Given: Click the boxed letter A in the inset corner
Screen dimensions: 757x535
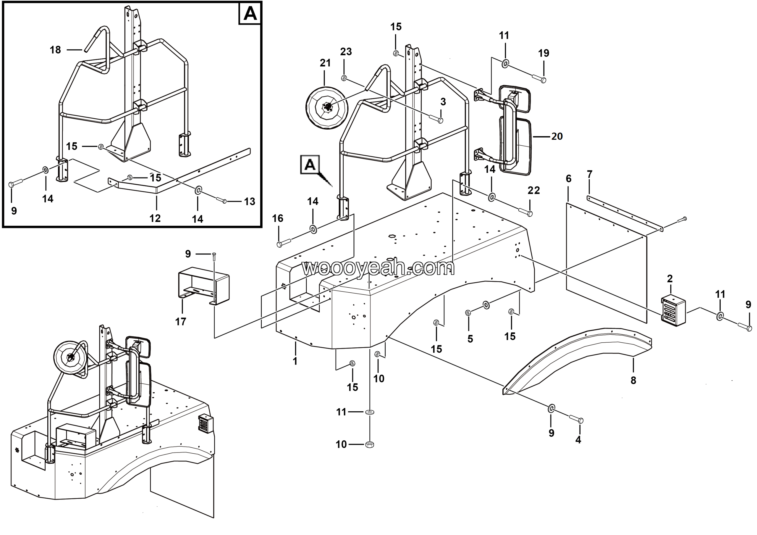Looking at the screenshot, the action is (x=250, y=14).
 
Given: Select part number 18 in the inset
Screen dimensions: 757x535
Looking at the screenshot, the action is (x=55, y=50).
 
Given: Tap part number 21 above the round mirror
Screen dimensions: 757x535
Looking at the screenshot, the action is (x=325, y=63).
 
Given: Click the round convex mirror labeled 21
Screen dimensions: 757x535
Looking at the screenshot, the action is (x=327, y=107).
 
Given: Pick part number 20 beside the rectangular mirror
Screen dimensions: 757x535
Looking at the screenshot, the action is (x=557, y=136).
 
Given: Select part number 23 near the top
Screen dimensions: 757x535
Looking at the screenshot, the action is (x=346, y=51).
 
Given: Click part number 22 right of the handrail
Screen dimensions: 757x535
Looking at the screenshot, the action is (x=534, y=190).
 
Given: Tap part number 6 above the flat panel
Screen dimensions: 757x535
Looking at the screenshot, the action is (x=569, y=178).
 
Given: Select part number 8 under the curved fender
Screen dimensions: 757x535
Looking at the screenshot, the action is (x=633, y=380).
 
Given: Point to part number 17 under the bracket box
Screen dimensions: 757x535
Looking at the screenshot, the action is (x=181, y=322).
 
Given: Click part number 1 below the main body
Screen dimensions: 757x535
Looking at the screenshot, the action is (x=295, y=361).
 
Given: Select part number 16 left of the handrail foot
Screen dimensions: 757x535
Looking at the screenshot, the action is (x=278, y=218).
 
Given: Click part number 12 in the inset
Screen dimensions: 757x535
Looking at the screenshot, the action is (x=155, y=218).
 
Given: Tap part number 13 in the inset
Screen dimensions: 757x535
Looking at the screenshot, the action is (x=250, y=201).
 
